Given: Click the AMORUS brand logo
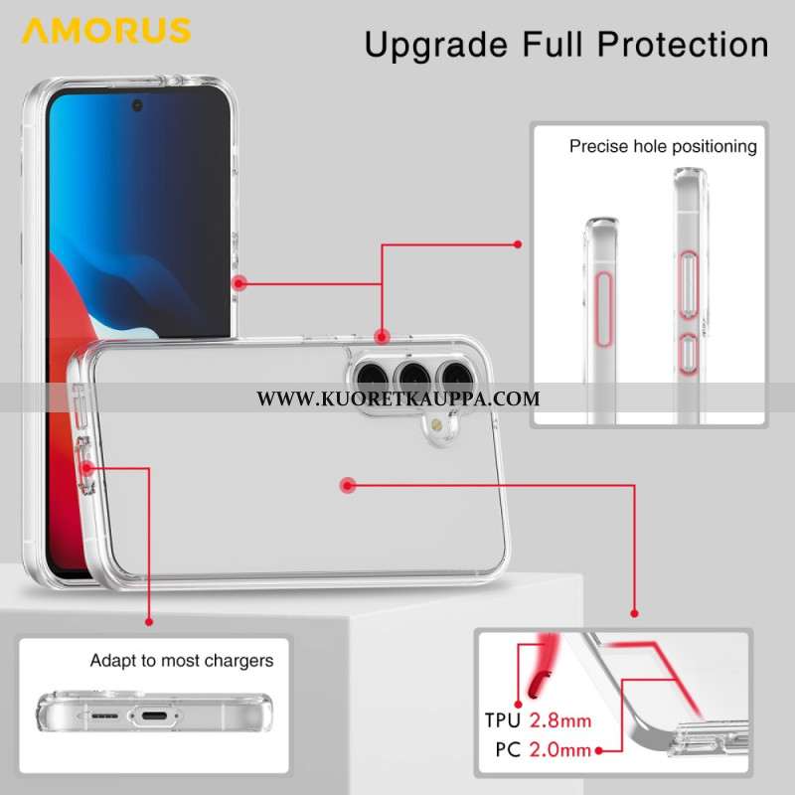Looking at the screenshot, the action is (106, 31).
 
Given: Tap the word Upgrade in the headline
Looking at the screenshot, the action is (436, 46).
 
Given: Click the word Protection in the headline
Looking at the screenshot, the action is (683, 44).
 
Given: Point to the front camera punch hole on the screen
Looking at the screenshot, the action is (137, 105).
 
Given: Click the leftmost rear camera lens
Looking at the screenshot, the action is (372, 378).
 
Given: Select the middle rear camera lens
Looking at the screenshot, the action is (414, 378).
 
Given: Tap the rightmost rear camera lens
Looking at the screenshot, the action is (457, 378).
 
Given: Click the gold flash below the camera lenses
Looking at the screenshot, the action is (435, 424).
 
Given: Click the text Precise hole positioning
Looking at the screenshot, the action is (663, 146).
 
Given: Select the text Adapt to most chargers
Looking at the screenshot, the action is (182, 661).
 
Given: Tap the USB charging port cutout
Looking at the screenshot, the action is (154, 715).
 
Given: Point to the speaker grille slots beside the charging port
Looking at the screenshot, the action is (104, 715).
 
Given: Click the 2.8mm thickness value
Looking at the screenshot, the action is (560, 720).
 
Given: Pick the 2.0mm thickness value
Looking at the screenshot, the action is (560, 750).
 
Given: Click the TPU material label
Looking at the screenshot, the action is (503, 720).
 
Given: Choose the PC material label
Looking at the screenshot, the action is (508, 750).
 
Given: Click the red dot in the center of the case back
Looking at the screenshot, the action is (347, 486).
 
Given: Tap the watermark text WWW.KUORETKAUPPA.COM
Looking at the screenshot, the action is (398, 398).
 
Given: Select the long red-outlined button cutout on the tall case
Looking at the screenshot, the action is (688, 285).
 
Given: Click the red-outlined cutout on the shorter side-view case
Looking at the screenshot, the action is (602, 309).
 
